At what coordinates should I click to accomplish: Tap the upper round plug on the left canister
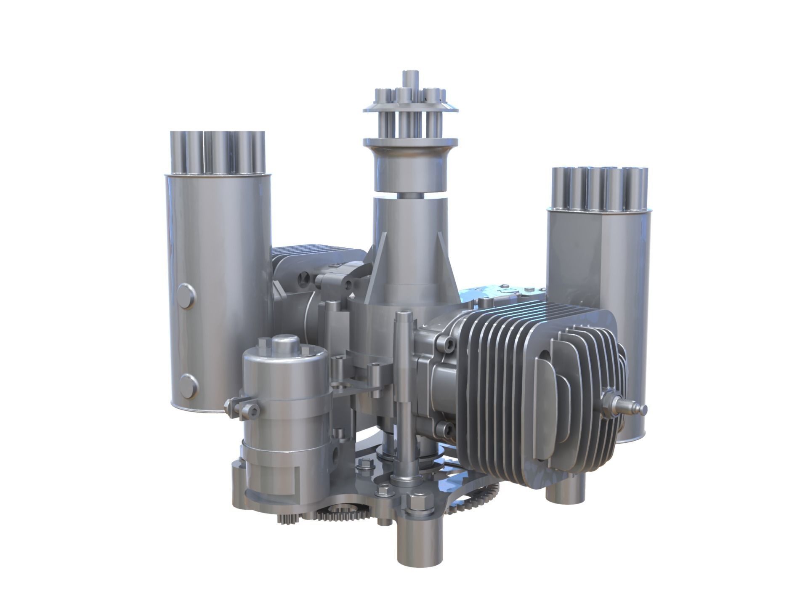point(186,296)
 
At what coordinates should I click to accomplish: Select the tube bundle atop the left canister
point(218,153)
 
